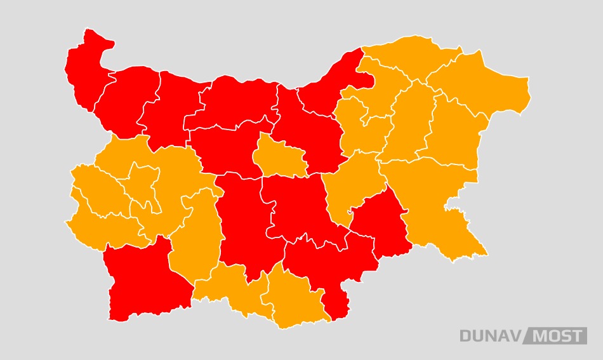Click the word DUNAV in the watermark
tap(490, 336)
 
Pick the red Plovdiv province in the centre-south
tap(244, 222)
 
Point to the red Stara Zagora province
tap(298, 206)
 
